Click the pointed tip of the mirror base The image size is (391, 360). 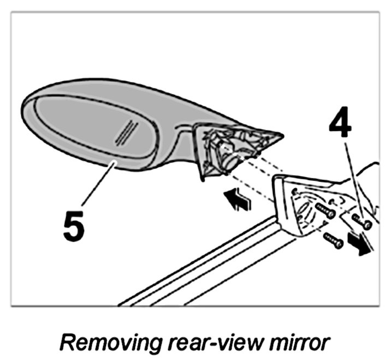(279, 134)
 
